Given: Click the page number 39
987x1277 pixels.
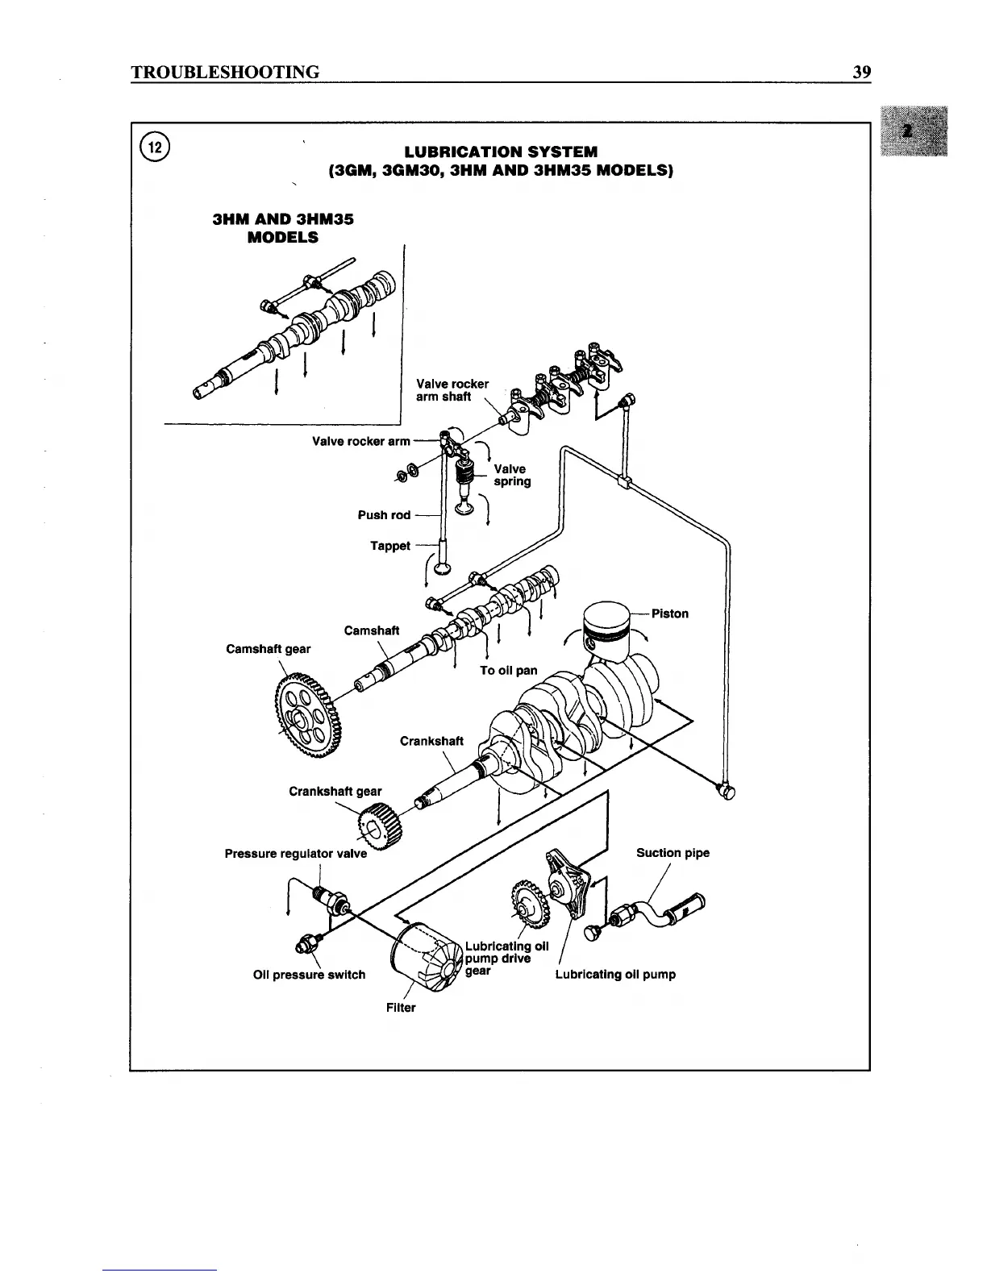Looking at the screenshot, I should [x=861, y=73].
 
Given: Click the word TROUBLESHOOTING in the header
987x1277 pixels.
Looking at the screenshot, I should [x=225, y=73].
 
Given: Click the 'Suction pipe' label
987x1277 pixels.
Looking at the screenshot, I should [x=673, y=853].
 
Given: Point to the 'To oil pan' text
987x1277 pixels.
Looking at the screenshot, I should [x=508, y=670].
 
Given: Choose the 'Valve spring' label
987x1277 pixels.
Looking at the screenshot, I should [x=512, y=475].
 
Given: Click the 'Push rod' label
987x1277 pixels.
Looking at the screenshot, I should [x=384, y=515].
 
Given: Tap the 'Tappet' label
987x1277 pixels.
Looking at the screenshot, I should [x=389, y=546].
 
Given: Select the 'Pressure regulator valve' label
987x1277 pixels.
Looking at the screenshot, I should [x=295, y=853].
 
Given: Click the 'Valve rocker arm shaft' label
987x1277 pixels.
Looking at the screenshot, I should [x=452, y=390].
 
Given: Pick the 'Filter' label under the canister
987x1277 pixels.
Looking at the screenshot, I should [x=401, y=1008].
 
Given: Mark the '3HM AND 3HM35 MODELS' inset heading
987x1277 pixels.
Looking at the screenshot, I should [x=282, y=228].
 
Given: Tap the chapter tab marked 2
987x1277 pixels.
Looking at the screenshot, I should [x=914, y=130].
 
